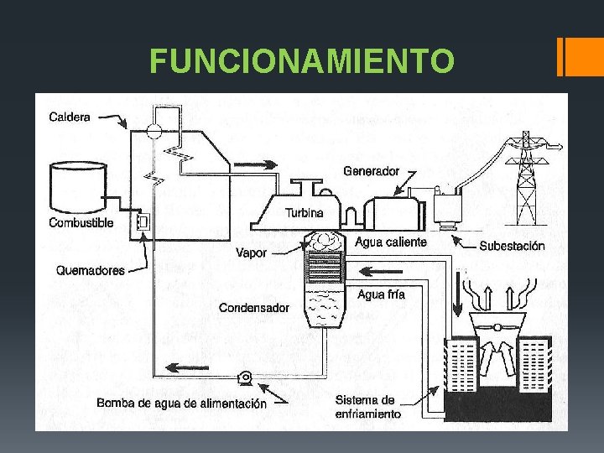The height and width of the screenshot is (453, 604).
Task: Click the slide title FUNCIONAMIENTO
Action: (x=302, y=61)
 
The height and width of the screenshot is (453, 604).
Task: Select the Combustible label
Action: (x=81, y=223)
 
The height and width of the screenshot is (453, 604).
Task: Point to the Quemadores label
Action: (x=90, y=271)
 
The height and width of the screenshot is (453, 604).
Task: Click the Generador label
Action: (x=371, y=171)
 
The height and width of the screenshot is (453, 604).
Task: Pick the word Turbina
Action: (x=304, y=213)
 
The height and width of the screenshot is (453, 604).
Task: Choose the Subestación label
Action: (x=511, y=247)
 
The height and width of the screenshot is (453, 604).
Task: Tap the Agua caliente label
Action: (x=391, y=242)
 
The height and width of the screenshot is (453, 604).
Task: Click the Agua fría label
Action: (x=381, y=294)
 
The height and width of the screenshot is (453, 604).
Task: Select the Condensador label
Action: (x=253, y=308)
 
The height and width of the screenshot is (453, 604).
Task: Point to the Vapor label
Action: (x=252, y=253)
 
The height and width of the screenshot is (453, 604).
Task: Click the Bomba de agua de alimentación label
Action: (x=181, y=404)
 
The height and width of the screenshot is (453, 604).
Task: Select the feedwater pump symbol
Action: (x=247, y=378)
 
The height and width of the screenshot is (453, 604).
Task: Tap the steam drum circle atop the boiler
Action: (x=153, y=130)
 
